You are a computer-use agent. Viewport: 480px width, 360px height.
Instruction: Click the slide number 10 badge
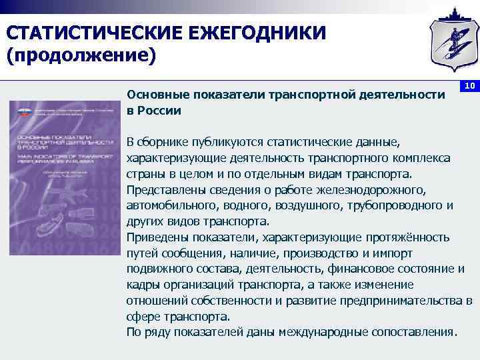point(469,86)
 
